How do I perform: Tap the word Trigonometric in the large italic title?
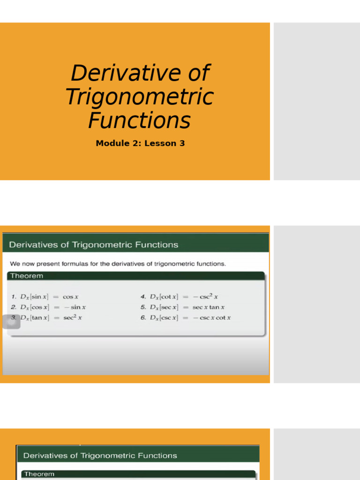(x=139, y=97)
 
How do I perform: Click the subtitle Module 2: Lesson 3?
(x=140, y=143)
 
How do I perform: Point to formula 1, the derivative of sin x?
(x=45, y=297)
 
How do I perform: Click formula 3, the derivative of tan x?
(x=46, y=318)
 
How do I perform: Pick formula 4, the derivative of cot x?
(x=179, y=297)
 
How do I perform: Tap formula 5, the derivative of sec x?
(x=182, y=307)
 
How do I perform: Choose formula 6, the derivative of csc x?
(x=185, y=318)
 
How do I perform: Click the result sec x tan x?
(x=209, y=307)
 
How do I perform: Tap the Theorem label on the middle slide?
(x=27, y=276)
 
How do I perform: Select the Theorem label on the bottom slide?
(x=39, y=474)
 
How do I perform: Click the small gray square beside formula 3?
(x=12, y=321)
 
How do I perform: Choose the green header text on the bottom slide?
(x=100, y=456)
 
